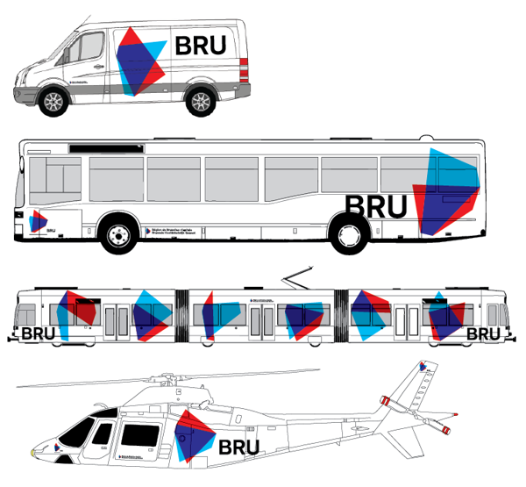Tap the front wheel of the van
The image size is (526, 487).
54,101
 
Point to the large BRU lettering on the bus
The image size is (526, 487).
376,205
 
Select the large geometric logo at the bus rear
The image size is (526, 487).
446,191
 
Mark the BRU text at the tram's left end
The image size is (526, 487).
38,333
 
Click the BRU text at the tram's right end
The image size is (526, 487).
483,333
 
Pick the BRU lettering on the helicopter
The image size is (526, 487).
238,447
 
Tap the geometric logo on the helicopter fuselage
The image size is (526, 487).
194,436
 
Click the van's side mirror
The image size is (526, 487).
65,56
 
